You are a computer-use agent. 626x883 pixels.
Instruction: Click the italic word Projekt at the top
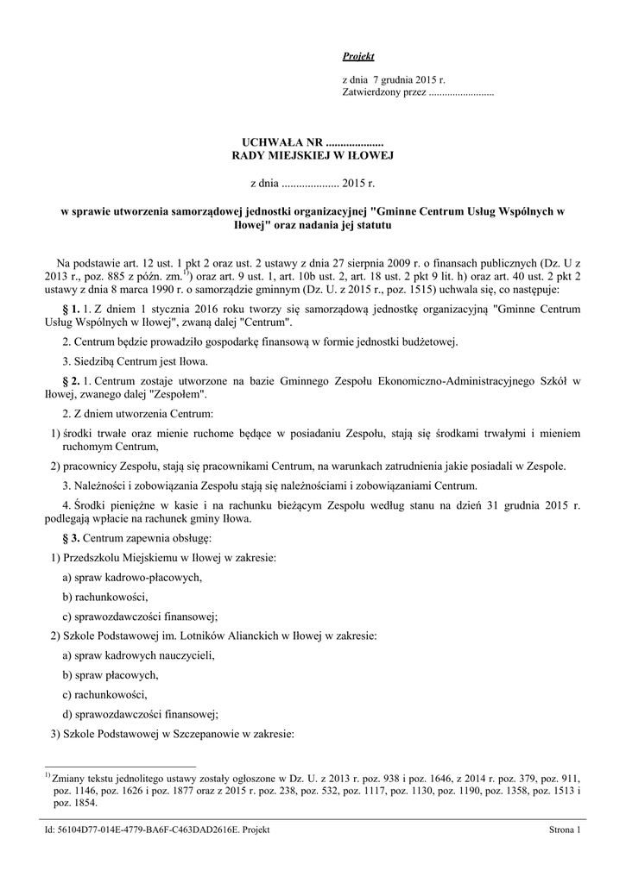pos(357,56)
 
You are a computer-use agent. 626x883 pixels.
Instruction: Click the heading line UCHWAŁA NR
pos(313,141)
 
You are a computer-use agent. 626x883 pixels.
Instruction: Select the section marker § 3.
pos(72,538)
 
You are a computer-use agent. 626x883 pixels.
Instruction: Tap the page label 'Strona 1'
pos(566,830)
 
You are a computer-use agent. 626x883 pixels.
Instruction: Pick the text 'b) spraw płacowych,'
pos(111,674)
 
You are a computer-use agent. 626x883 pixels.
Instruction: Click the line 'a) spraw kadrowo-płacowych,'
pos(133,577)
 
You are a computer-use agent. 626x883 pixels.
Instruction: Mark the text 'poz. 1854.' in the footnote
pos(75,802)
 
